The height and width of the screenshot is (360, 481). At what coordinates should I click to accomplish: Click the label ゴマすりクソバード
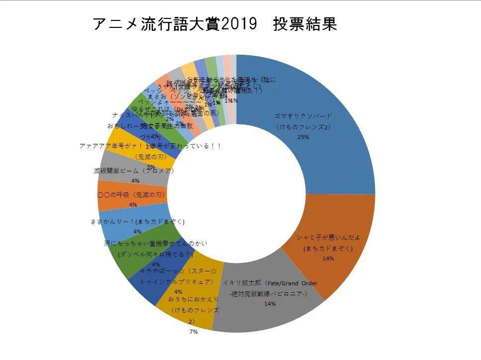pyautogui.click(x=303, y=116)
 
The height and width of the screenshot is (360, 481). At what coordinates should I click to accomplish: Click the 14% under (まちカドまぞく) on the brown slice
pyautogui.click(x=328, y=258)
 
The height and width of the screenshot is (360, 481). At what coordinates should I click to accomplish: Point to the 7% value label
pyautogui.click(x=193, y=332)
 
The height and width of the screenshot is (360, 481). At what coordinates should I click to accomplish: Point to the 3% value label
pyautogui.click(x=151, y=166)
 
